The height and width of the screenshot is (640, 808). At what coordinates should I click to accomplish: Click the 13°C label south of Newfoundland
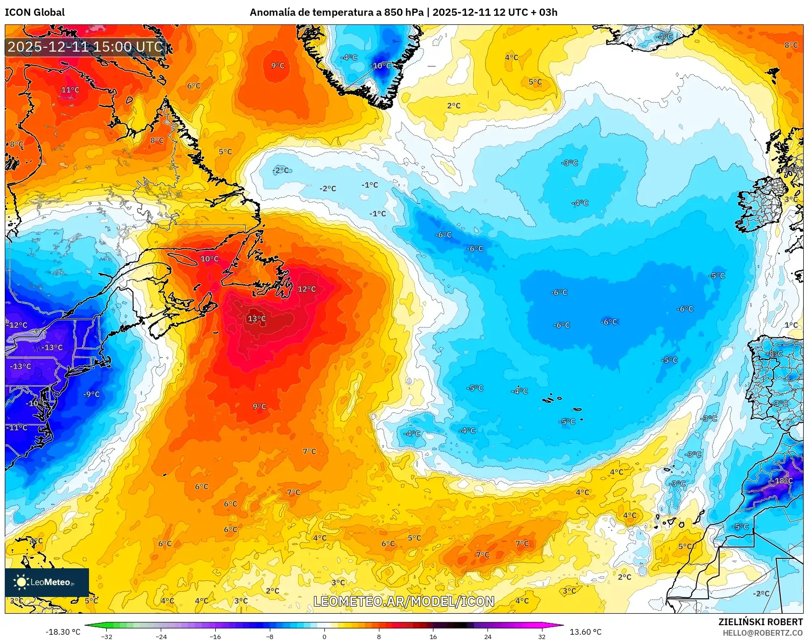256,319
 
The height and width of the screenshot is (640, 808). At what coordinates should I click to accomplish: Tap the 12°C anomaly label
307,289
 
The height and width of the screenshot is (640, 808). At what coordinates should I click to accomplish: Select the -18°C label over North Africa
783,481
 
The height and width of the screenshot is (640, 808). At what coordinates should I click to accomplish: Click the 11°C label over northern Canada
70,90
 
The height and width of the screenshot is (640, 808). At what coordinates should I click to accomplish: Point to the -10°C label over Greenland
381,66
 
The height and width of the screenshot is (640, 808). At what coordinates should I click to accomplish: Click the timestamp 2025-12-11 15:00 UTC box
86,47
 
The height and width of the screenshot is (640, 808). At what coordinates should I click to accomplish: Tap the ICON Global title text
34,12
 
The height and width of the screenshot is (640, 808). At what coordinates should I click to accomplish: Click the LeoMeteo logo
47,582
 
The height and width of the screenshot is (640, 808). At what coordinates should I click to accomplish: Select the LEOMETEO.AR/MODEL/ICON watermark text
404,601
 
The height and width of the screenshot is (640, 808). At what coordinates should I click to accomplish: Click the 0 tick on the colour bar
324,636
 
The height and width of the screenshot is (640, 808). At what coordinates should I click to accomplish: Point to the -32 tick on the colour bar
107,636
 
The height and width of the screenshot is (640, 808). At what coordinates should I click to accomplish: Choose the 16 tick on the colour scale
433,636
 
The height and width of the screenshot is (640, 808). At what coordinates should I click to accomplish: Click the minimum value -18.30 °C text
63,632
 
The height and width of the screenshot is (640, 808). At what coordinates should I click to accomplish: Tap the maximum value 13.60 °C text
586,632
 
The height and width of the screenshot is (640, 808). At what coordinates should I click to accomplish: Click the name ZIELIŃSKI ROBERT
760,622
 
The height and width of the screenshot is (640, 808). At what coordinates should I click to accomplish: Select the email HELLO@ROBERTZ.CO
763,633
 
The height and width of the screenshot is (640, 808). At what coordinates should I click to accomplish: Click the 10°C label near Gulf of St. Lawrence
209,259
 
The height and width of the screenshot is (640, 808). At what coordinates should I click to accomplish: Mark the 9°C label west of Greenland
277,66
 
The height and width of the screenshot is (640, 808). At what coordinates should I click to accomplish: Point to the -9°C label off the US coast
91,394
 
